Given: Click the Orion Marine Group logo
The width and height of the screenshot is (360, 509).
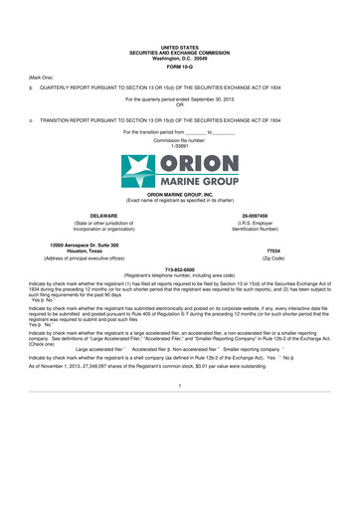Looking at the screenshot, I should [x=179, y=170].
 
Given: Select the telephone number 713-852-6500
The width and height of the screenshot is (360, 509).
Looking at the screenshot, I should [x=179, y=269].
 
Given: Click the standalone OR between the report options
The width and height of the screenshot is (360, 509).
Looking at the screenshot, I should [x=179, y=105].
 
